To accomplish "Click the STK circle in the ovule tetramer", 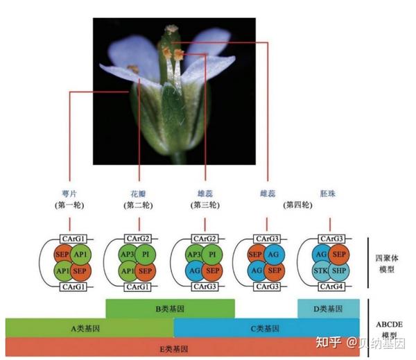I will (320, 270).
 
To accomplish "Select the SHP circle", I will (338, 270).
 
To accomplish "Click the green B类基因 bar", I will (170, 308).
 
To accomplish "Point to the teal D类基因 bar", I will (329, 308).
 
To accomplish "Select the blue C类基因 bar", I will (266, 327).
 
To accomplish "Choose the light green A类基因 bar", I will (89, 327).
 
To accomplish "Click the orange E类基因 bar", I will (182, 347).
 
